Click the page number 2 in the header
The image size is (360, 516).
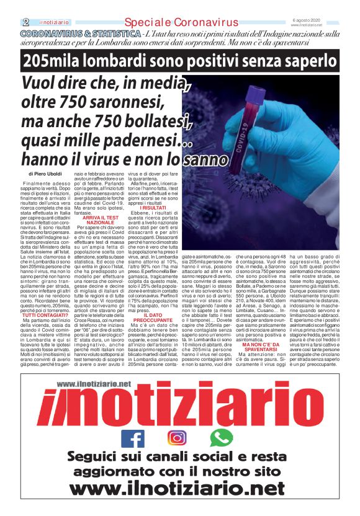click(25, 22)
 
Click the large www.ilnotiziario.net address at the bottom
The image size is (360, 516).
click(177, 490)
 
